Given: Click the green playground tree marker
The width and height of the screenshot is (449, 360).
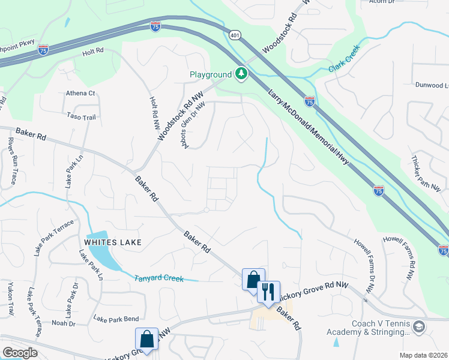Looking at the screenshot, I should tap(241, 74).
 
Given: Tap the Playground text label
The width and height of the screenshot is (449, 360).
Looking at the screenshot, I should tap(210, 75).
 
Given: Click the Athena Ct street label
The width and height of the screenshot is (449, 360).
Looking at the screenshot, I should tap(80, 93).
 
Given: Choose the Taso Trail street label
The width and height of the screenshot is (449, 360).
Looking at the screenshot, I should tap(82, 117).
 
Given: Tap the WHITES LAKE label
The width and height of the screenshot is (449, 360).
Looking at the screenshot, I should tap(113, 242).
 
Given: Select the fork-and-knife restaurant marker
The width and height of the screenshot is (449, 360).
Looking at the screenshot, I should tap(268, 292).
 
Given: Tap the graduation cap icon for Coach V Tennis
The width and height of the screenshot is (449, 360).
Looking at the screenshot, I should tap(418, 327).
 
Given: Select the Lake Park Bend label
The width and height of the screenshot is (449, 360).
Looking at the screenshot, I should tap(116, 318).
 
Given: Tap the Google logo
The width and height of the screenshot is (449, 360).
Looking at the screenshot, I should tap(20, 353).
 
